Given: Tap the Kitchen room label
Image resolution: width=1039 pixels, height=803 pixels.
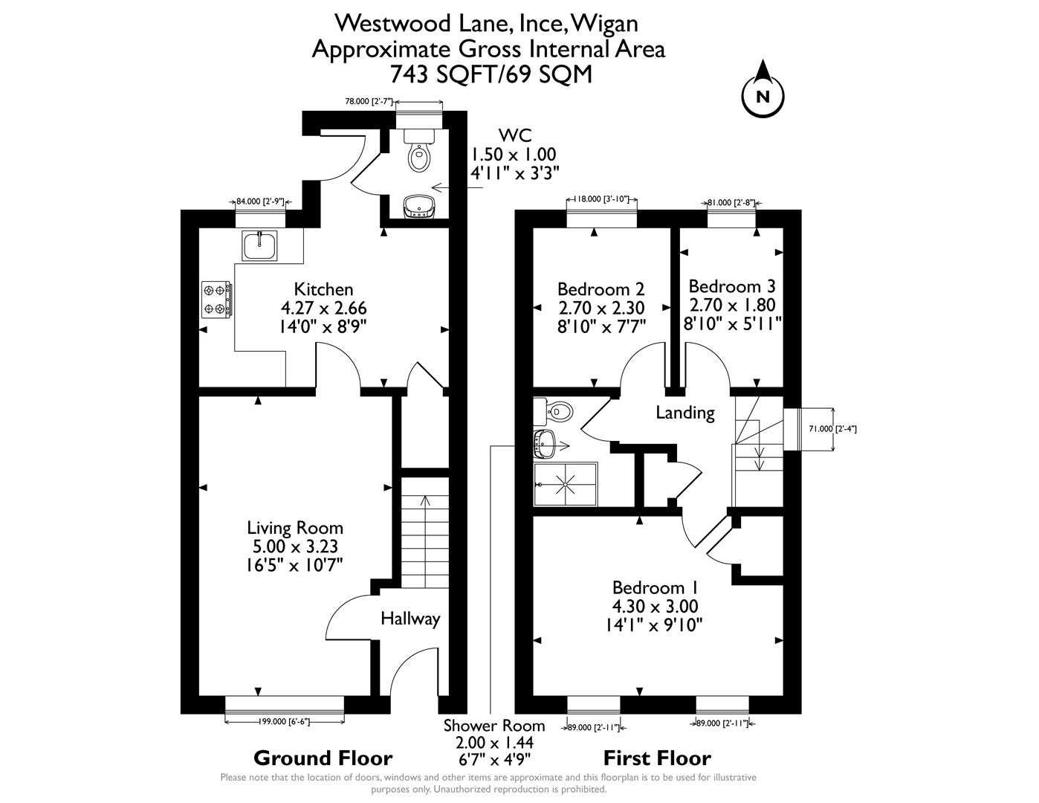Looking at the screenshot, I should click(323, 289).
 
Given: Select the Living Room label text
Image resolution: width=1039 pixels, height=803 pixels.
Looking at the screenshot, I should click(295, 528).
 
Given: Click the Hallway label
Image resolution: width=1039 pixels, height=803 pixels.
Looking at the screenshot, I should click(410, 619).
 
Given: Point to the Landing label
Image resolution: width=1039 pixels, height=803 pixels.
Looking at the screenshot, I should click(684, 413).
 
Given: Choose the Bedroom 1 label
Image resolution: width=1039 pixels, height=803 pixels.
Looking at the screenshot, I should click(654, 588).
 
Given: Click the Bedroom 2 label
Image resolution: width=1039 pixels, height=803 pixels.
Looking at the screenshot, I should click(601, 288).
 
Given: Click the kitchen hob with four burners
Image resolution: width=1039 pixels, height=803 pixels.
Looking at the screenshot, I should click(216, 299).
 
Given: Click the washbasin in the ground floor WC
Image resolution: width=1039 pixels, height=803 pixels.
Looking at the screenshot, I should click(418, 207).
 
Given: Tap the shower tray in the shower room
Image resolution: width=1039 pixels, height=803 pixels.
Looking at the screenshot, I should click(566, 485).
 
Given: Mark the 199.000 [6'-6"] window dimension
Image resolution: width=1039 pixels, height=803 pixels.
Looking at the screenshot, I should click(285, 721).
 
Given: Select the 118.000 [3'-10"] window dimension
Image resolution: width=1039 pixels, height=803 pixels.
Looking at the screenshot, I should click(602, 199).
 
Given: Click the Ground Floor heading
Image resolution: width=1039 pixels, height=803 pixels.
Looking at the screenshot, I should click(323, 758).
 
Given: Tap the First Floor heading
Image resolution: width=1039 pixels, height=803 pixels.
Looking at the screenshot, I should click(657, 758).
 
